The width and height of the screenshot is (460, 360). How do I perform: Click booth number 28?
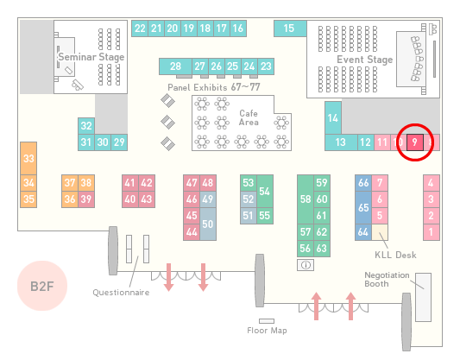click(x=175, y=66)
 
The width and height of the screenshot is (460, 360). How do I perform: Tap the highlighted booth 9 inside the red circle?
click(x=415, y=142)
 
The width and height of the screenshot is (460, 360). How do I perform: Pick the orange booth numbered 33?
click(x=28, y=159)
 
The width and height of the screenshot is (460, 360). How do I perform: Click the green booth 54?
click(x=265, y=192)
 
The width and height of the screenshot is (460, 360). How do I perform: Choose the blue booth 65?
click(x=363, y=207)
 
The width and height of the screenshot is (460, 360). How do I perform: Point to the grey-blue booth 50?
click(x=208, y=224)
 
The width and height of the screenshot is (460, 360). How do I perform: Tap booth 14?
click(x=333, y=118)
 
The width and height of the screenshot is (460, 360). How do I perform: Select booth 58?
click(x=306, y=199)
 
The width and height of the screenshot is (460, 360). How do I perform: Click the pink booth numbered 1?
click(x=432, y=232)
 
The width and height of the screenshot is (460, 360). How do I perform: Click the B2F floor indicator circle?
click(x=42, y=286)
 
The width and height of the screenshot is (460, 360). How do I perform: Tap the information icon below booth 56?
click(x=306, y=265)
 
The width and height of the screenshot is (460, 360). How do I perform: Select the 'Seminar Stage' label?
click(x=91, y=57)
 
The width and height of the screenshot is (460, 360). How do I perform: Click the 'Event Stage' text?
click(x=365, y=60)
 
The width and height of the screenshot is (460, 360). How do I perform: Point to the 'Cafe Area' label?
click(x=249, y=117)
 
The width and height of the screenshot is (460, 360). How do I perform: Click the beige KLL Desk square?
click(x=380, y=232)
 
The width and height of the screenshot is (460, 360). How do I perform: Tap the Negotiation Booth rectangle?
click(x=424, y=297)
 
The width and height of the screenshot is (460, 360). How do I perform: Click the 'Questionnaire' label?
click(x=121, y=293)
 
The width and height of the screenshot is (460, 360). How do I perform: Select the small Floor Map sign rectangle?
click(x=267, y=321)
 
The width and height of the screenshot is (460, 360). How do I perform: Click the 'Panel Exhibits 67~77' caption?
click(x=214, y=87)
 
